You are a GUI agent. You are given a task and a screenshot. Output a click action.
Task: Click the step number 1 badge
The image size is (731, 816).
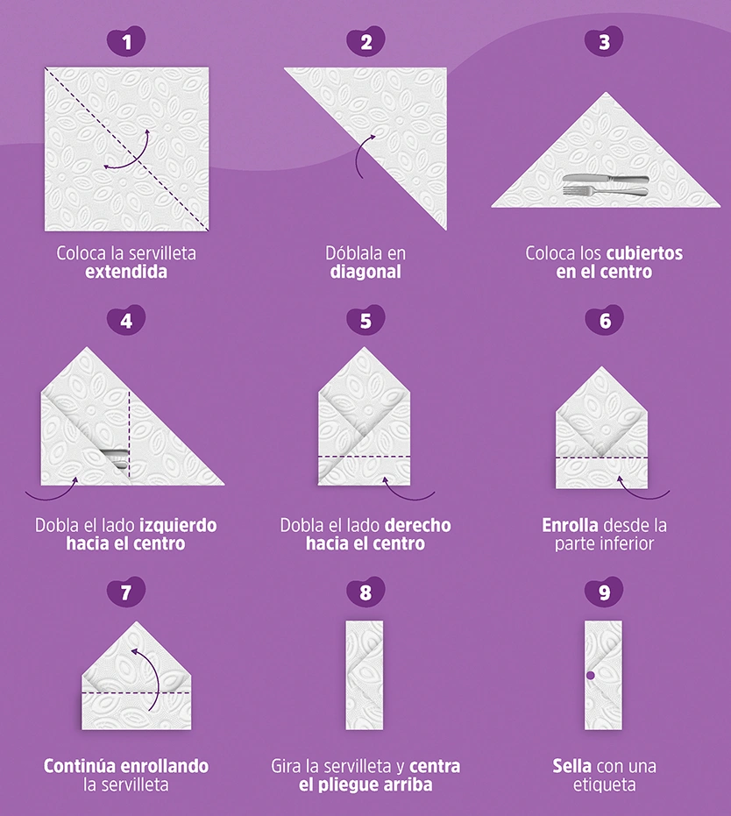126,40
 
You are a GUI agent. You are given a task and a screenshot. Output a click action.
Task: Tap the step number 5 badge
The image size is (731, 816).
365,320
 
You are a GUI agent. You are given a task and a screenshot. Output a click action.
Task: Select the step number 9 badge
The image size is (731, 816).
604,592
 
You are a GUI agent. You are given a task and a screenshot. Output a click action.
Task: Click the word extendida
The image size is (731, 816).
126,272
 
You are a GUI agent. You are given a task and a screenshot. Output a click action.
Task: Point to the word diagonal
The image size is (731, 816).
365,272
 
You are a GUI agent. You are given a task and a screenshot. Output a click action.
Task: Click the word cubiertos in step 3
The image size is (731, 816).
644,253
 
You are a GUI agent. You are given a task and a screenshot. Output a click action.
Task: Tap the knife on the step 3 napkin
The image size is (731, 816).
606,179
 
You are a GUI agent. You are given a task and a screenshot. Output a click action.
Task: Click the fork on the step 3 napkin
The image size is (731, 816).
606,191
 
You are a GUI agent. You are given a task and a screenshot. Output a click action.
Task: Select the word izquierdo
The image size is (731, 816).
179,526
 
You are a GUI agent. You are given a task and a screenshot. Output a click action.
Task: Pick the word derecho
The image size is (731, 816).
411,526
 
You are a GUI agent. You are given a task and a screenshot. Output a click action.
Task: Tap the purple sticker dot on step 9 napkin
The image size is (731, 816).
590,676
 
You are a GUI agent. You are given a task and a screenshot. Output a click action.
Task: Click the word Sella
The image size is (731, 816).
571,767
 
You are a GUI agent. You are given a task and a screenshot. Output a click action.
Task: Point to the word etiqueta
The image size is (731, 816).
604,784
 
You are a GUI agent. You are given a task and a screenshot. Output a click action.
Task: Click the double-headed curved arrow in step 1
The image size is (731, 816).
137,158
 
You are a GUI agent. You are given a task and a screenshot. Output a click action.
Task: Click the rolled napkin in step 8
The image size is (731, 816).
365,675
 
